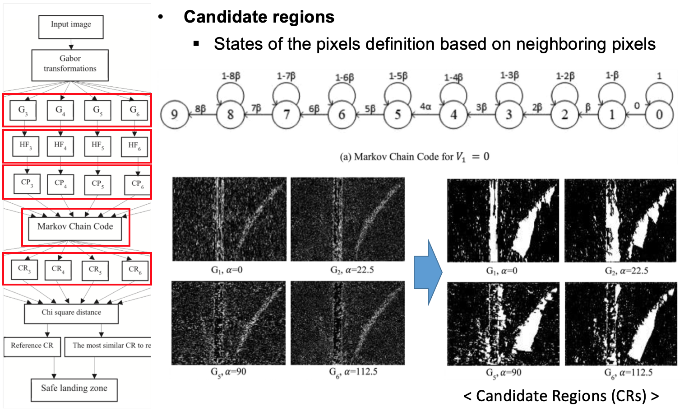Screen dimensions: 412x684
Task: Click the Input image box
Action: pos(71,27)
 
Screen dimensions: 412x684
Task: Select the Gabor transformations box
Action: pos(70,65)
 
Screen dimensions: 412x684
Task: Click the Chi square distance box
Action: pos(71,313)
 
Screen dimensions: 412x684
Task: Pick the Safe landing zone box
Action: pos(74,389)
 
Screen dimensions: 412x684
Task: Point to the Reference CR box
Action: pos(32,346)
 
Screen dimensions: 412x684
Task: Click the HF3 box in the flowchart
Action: pos(25,146)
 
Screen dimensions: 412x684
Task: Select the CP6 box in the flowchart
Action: pos(138,184)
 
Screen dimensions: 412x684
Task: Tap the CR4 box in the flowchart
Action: pos(58,270)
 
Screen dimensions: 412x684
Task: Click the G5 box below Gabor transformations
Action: pos(97,110)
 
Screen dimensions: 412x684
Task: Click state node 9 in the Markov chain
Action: pos(174,115)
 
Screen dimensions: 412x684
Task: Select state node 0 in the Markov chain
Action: pos(659,115)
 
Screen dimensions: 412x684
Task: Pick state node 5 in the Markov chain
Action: pos(397,115)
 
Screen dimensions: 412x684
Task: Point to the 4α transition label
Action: pos(425,107)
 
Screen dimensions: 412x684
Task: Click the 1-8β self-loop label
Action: pos(231,76)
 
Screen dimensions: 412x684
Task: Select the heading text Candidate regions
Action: pos(259,17)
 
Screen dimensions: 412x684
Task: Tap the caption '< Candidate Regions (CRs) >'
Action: pos(561,396)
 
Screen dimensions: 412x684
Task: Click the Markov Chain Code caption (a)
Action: pos(414,157)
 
